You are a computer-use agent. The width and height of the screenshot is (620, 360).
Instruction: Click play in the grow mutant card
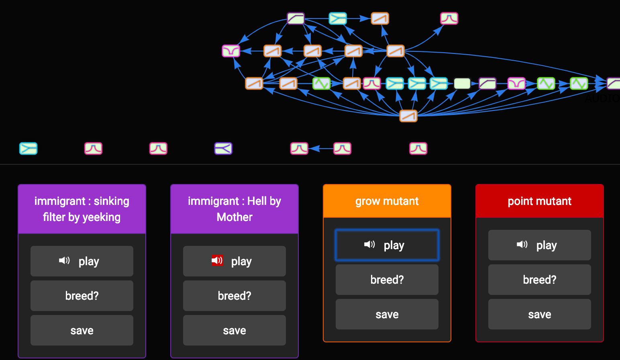(387, 245)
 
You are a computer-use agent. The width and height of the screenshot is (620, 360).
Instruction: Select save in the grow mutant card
(387, 314)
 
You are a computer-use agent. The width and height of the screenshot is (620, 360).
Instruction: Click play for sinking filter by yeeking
(82, 261)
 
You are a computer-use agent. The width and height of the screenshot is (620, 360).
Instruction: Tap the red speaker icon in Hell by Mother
(217, 260)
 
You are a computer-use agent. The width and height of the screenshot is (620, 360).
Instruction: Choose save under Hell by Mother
(234, 330)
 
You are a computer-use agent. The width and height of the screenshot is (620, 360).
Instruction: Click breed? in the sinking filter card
(82, 296)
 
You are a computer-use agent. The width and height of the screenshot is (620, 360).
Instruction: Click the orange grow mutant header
(387, 201)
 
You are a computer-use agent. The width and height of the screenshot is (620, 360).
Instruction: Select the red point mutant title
(539, 201)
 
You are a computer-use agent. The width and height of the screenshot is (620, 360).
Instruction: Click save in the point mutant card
(539, 314)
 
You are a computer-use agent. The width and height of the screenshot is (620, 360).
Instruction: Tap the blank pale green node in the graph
(462, 84)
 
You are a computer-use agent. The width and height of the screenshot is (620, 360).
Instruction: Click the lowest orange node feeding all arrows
(408, 116)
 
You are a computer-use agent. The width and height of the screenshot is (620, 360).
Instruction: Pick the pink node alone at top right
(449, 18)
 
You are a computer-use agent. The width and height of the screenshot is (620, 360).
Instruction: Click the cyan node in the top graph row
(338, 18)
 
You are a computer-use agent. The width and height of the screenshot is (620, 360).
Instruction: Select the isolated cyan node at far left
(28, 149)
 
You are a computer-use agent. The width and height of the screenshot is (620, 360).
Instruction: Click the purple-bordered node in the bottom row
(223, 149)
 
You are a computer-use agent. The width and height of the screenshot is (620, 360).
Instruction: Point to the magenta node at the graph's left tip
(231, 51)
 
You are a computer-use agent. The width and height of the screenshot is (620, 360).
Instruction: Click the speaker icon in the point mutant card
(522, 244)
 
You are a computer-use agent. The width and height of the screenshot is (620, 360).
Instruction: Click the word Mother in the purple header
(235, 217)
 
